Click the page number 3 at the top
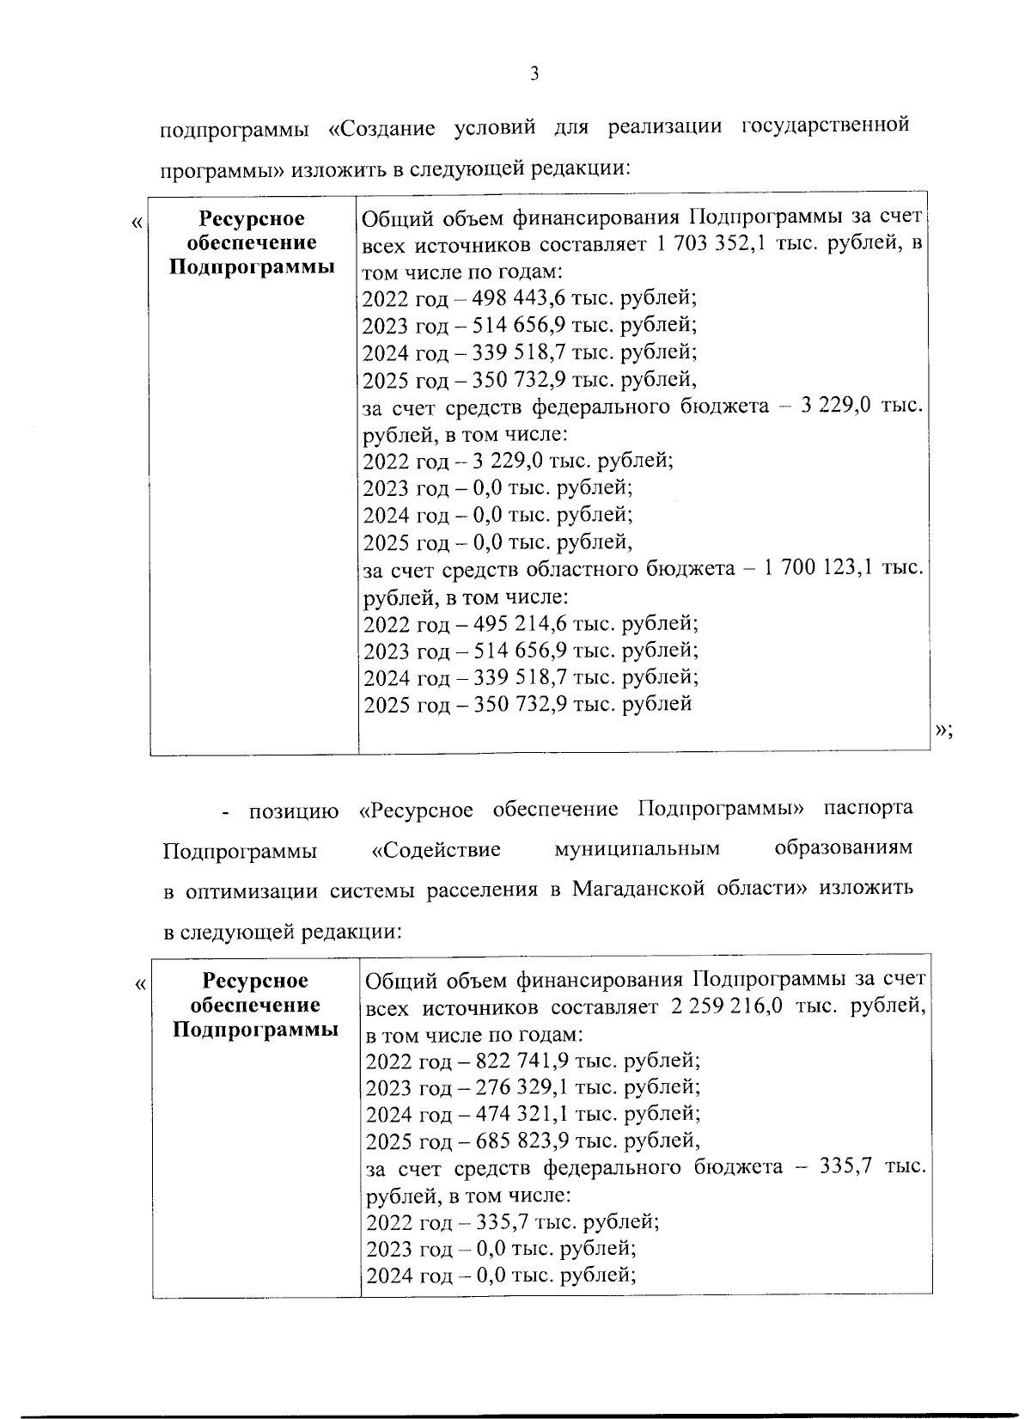pyautogui.click(x=534, y=75)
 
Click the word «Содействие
pyautogui.click(x=436, y=850)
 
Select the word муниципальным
pyautogui.click(x=637, y=850)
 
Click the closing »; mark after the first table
pyautogui.click(x=943, y=730)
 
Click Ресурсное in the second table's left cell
pyautogui.click(x=255, y=981)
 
